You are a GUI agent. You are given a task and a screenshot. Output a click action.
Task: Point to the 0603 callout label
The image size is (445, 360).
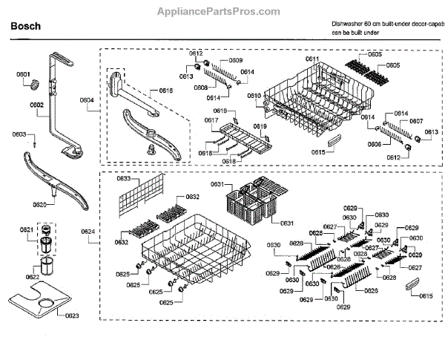[20, 134]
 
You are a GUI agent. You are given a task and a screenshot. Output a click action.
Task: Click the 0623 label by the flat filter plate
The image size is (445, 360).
[52, 316]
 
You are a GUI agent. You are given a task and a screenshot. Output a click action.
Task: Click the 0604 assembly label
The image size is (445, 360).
[87, 99]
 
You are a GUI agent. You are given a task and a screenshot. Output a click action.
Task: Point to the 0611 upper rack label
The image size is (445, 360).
[311, 59]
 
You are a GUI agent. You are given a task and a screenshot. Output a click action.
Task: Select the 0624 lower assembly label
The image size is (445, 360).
[88, 232]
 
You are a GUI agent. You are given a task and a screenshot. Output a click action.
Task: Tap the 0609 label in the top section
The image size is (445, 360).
[235, 59]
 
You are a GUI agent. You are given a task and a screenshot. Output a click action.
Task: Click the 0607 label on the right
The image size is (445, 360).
[416, 121]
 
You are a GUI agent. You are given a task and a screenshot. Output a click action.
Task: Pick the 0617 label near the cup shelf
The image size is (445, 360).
[211, 120]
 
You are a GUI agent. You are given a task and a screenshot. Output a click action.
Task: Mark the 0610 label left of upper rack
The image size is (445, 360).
[254, 96]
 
